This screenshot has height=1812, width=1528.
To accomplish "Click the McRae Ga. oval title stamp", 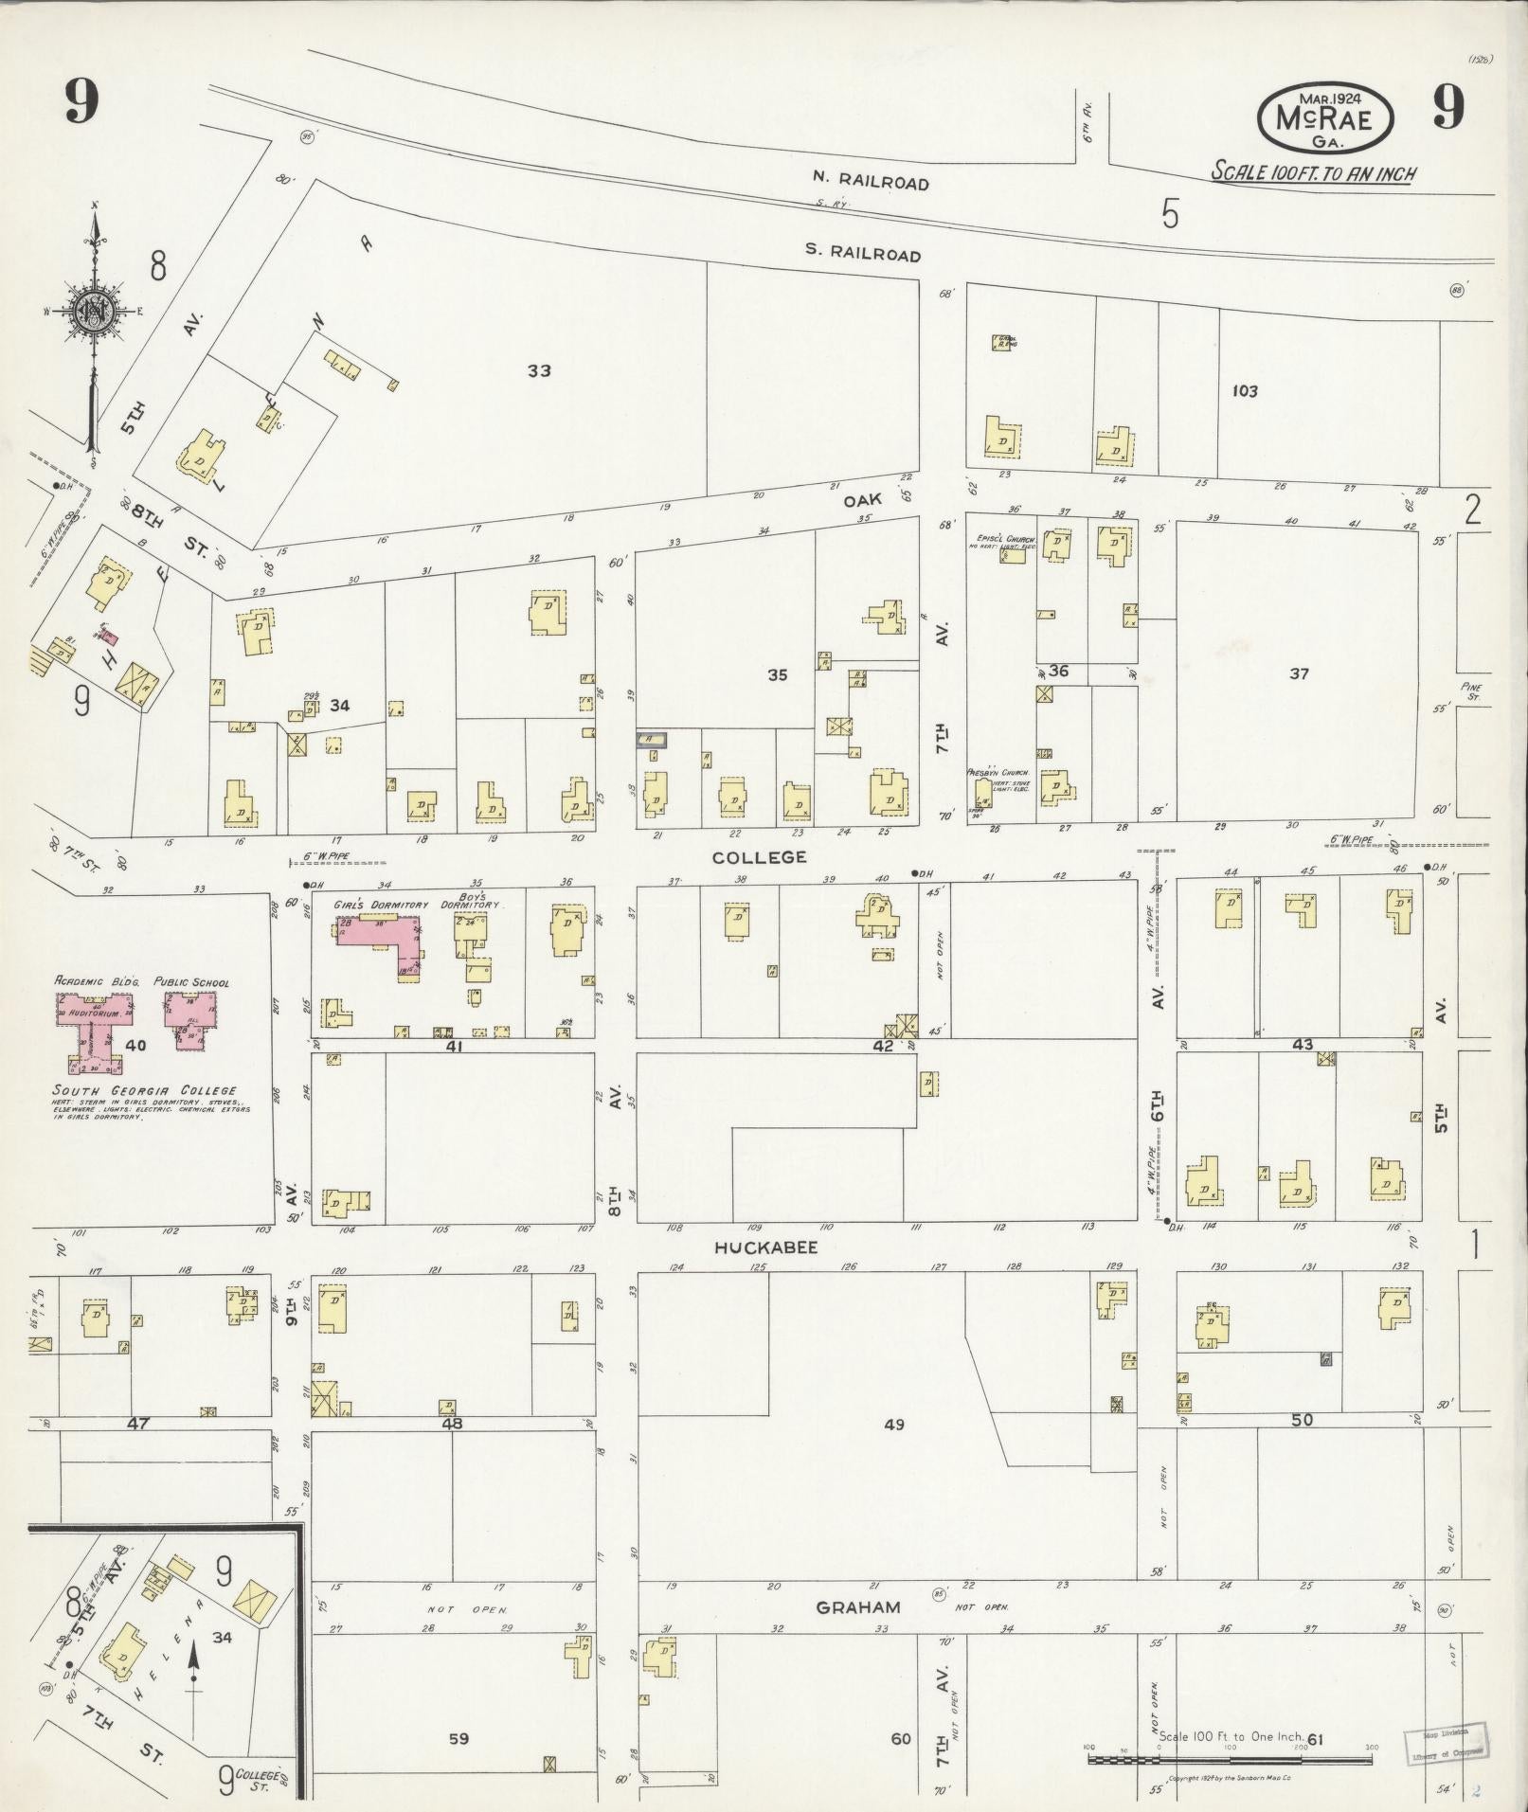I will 1325,118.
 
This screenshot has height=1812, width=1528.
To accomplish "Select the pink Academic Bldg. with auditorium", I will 91,1029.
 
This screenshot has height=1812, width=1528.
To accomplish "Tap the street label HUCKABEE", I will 765,1247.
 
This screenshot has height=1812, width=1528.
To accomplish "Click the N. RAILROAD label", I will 870,181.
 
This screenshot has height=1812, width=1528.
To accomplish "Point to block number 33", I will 539,370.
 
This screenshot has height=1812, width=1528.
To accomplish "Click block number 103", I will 1244,390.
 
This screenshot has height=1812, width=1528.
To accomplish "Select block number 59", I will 458,1738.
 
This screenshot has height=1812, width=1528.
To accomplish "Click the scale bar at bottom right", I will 1230,1759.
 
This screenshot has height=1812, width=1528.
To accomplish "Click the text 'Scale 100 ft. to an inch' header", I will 1315,173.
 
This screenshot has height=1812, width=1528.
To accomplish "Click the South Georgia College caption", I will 145,1090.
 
